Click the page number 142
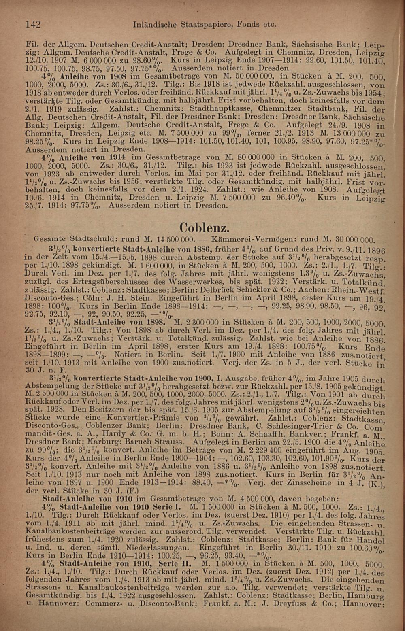tap(33, 24)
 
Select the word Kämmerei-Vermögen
tap(244, 239)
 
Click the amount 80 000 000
tap(252, 157)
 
